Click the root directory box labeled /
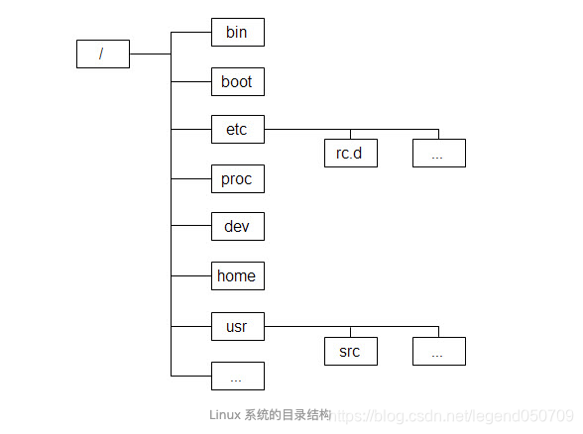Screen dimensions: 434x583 tap(103, 54)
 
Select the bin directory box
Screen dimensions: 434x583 tap(238, 33)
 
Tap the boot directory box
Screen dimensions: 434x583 tap(238, 81)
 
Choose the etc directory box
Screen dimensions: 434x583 tap(238, 129)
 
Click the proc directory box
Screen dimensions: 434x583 tap(238, 178)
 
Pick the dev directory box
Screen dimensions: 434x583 tap(238, 227)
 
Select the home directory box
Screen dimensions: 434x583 tap(238, 275)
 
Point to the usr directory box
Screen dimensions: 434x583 tap(238, 325)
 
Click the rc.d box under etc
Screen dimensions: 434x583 tap(351, 154)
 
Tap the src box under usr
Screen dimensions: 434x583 tap(351, 351)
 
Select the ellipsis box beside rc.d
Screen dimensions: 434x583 tap(439, 154)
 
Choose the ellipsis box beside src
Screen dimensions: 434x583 tap(439, 351)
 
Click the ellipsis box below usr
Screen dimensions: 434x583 tap(238, 376)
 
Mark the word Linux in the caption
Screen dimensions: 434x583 tap(225, 414)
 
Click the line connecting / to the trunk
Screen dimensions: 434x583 tap(150, 54)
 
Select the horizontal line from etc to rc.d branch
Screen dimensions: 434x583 tap(307, 129)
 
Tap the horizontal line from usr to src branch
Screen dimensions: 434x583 tap(307, 325)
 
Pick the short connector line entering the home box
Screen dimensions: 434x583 tap(191, 275)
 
